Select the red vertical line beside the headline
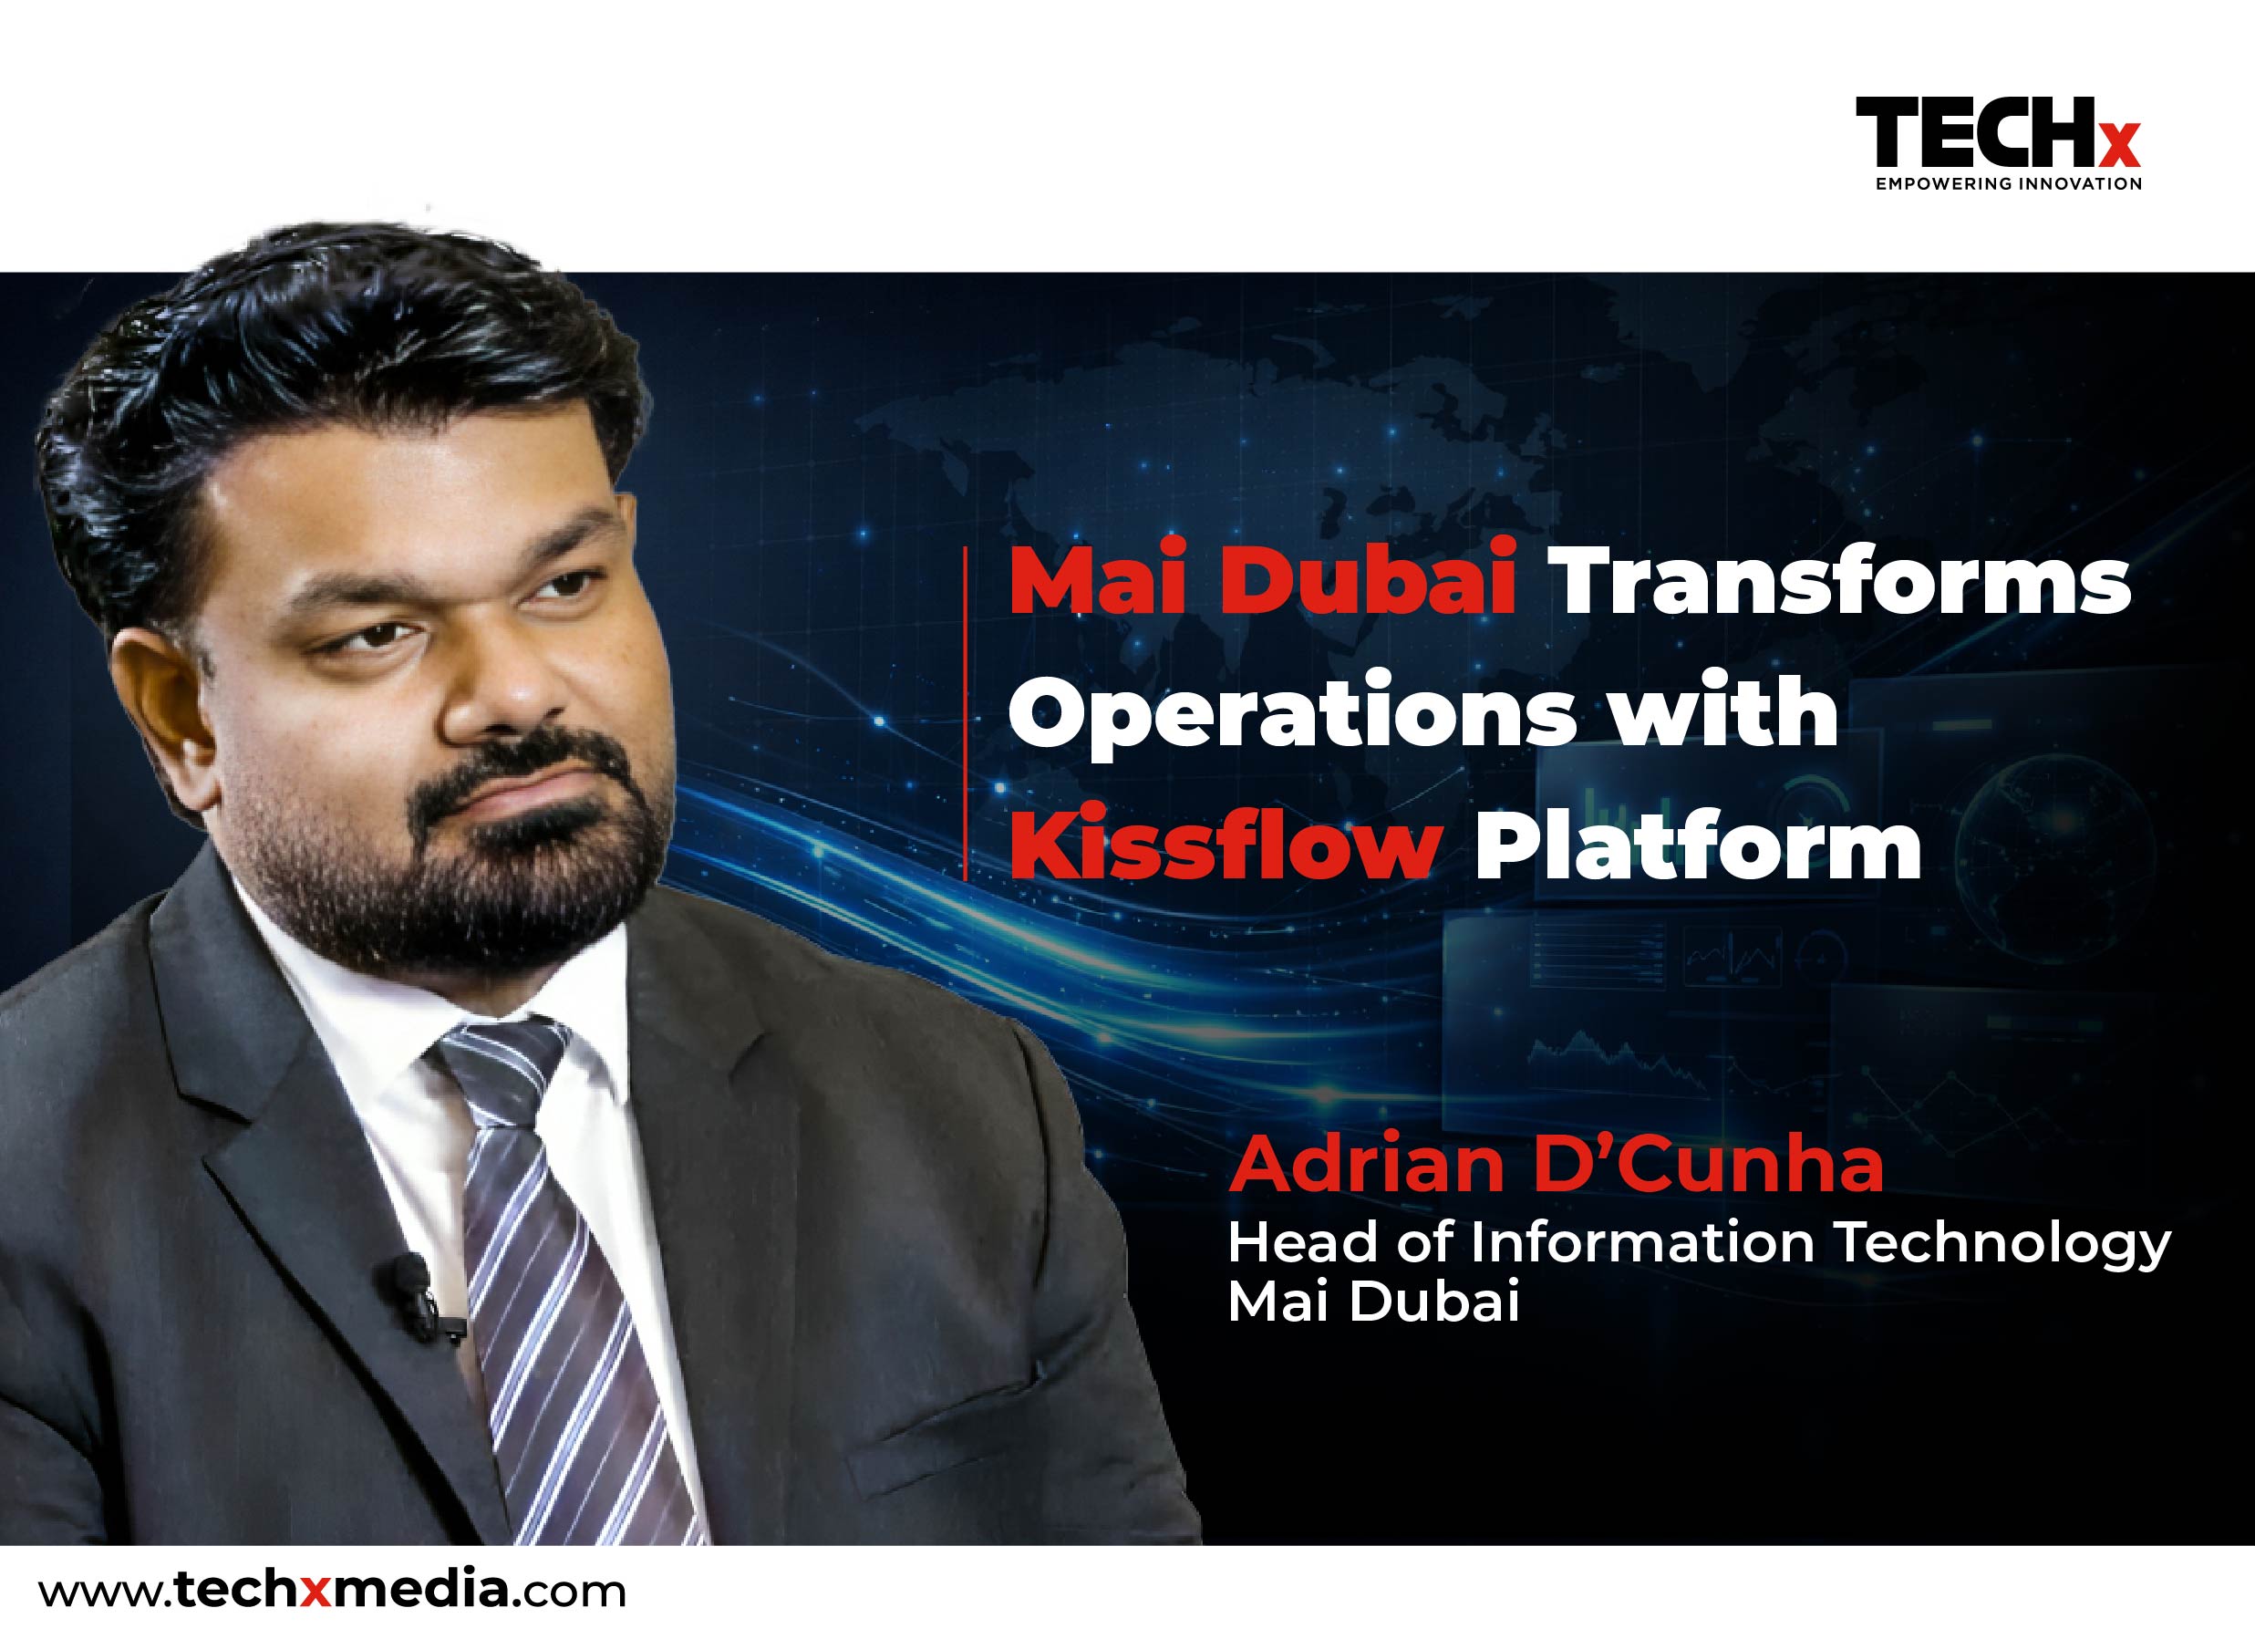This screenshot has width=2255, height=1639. pos(966,711)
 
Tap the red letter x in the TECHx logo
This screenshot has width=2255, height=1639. pos(2124,151)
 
